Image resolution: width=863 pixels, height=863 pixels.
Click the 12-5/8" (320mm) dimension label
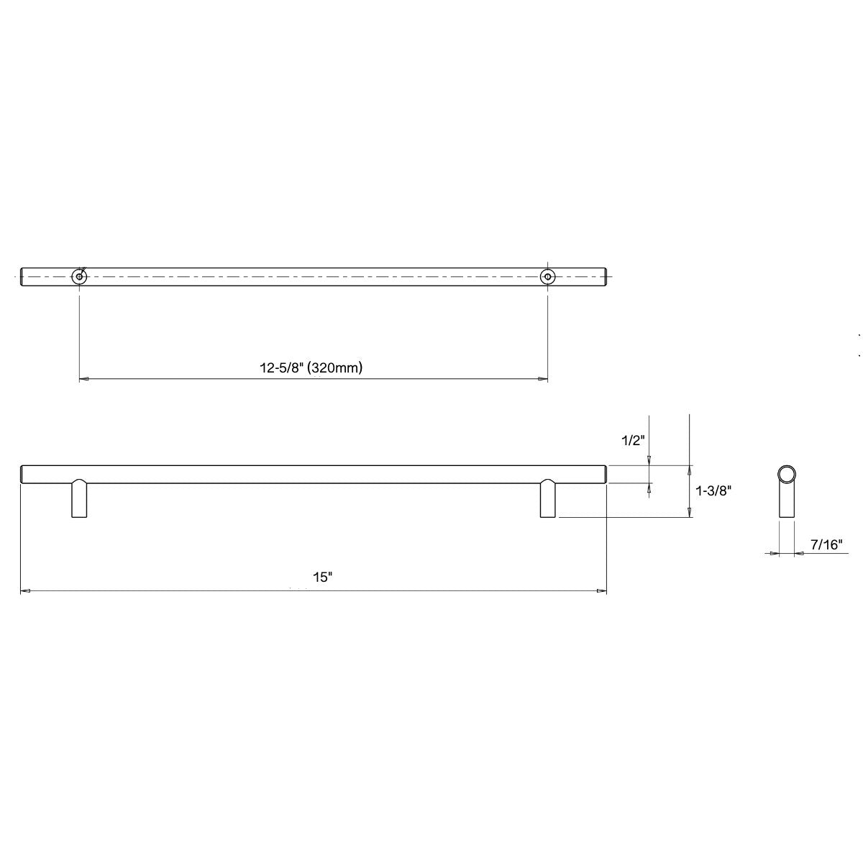pyautogui.click(x=311, y=367)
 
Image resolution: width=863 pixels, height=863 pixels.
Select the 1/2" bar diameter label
pyautogui.click(x=634, y=440)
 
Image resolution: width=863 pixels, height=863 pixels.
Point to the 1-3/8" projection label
pyautogui.click(x=715, y=491)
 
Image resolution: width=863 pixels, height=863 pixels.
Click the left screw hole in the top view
pyautogui.click(x=78, y=276)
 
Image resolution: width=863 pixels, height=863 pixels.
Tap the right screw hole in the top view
pyautogui.click(x=548, y=276)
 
